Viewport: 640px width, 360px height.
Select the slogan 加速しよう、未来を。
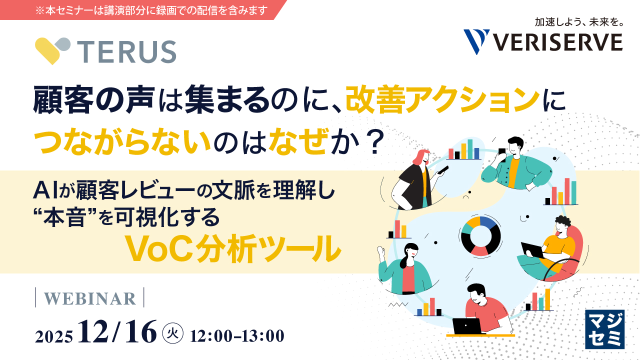pyautogui.click(x=578, y=22)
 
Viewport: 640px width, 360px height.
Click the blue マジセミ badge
pyautogui.click(x=604, y=329)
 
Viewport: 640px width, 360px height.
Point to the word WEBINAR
pyautogui.click(x=90, y=298)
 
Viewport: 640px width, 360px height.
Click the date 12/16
pyautogui.click(x=117, y=332)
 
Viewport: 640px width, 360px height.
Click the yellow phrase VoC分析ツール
pyautogui.click(x=232, y=249)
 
